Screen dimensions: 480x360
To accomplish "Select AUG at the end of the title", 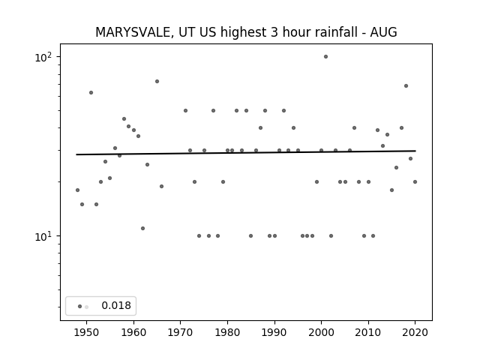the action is (383, 32).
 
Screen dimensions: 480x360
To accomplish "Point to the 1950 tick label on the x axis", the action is (87, 332).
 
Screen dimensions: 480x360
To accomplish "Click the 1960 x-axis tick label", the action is (133, 332).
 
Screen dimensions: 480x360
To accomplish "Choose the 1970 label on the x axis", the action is (181, 332).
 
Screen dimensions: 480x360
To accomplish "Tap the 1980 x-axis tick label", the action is (227, 332).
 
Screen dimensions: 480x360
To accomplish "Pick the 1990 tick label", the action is (274, 332).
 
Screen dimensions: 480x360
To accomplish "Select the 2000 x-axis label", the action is (322, 332).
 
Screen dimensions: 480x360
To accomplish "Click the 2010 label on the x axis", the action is (368, 332).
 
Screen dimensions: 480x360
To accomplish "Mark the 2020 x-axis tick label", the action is (415, 332).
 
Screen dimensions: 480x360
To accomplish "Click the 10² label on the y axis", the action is (43, 57).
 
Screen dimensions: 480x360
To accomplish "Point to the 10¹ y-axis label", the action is (43, 236).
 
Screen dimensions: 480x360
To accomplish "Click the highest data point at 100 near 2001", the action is (325, 57).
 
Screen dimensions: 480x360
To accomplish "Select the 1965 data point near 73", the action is (157, 82).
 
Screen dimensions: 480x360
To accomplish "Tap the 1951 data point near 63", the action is (91, 92).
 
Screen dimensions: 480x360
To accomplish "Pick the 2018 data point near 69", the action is (406, 86).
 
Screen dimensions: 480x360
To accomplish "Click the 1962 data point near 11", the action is (142, 228).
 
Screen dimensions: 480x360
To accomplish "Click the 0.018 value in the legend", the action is (116, 305).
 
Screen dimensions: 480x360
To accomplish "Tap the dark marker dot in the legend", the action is (80, 307).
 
